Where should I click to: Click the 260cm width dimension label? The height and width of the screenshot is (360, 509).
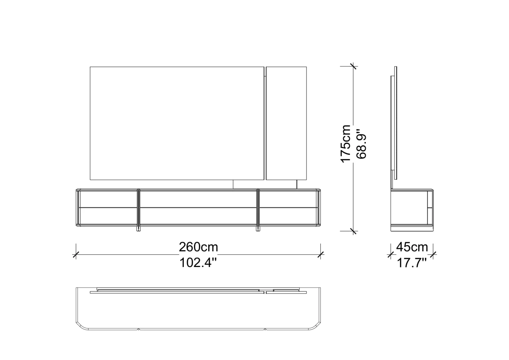(x=199, y=247)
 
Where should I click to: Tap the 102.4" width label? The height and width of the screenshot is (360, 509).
(x=198, y=263)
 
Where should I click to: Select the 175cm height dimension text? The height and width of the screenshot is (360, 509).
(x=346, y=144)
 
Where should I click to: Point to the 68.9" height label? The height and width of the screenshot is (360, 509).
(x=361, y=144)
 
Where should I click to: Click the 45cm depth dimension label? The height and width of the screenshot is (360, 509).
(x=412, y=247)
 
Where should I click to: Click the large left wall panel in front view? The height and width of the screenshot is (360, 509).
(x=177, y=123)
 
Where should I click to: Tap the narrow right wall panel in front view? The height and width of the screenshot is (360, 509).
(x=286, y=123)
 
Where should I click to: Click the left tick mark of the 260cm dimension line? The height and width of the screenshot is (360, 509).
(x=76, y=255)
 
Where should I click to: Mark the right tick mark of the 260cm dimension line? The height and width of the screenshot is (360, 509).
(x=321, y=255)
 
